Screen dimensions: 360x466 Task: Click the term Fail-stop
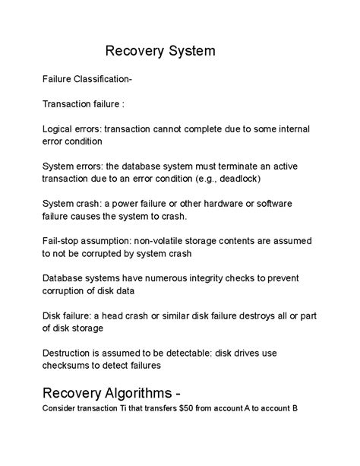pos(63,241)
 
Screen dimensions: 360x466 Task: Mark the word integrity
pos(234,278)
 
